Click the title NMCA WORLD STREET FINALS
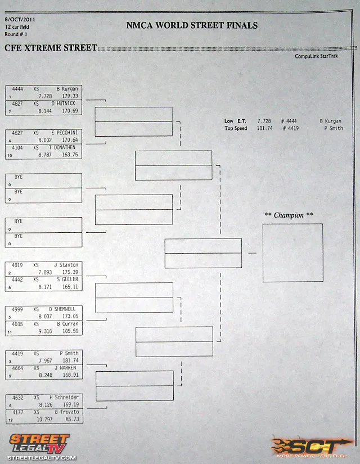click(192, 25)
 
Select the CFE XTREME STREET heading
click(51, 48)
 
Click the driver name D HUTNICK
click(64, 103)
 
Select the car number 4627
click(17, 133)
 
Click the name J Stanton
click(66, 265)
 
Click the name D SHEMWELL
click(65, 309)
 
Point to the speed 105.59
click(70, 331)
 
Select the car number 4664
click(17, 368)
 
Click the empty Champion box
click(292, 253)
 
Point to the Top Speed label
click(236, 128)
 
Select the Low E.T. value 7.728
click(264, 121)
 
